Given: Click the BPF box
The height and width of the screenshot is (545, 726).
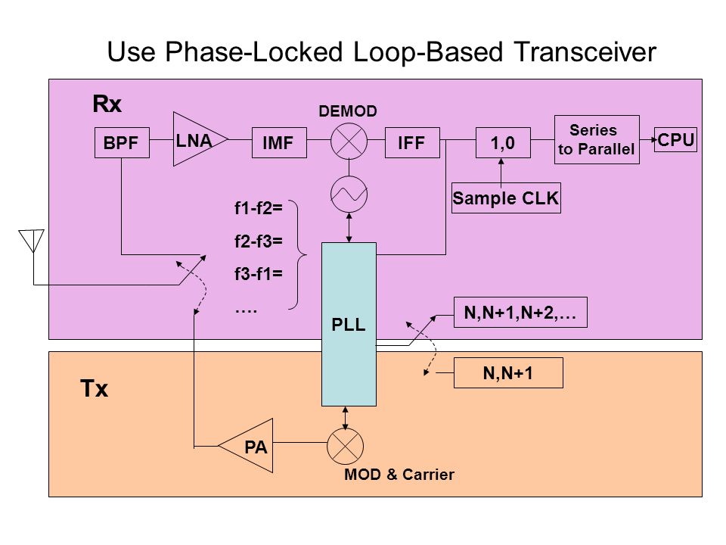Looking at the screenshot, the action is coord(122,143).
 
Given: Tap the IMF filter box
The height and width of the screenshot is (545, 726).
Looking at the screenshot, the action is coord(279,143).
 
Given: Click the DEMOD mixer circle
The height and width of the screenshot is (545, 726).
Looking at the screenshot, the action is coord(349,142).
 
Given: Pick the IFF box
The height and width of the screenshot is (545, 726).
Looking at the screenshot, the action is coord(413,143).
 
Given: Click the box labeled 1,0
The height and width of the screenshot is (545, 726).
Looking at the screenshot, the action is coord(504,143).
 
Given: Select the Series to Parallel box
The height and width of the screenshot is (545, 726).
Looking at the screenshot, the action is coord(597,139).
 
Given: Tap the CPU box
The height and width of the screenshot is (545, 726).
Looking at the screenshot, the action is coord(675,139).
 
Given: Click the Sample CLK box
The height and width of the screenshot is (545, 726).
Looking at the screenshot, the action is coord(506,198).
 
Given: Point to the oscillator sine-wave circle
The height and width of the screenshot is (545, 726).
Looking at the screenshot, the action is coord(349,195).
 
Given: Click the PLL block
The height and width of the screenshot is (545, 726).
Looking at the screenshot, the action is coord(349,325).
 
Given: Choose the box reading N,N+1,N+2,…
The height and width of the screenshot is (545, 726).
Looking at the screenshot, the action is coord(520,313).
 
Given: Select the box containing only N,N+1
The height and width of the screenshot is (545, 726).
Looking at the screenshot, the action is coord(508,372).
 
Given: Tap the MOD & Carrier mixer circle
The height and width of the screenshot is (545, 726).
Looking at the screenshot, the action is coord(346,447).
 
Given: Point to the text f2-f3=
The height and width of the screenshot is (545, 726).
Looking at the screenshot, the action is coord(259,241).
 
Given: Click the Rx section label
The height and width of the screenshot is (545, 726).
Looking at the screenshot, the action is coord(107,104).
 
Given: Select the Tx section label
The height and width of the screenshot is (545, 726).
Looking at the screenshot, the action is coord(94,388).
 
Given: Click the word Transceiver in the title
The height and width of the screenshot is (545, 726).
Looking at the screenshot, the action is coord(585,51).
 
